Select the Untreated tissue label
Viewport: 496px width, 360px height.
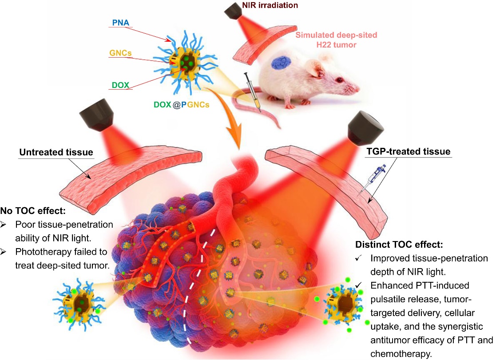coord(56,152)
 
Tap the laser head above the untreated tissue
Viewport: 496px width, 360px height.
coord(95,111)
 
